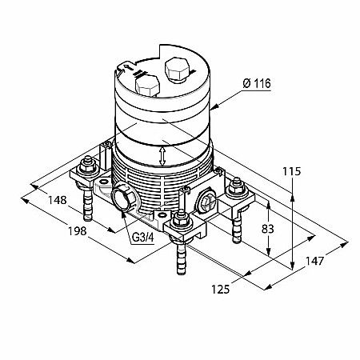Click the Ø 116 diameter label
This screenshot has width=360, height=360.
(x=257, y=84)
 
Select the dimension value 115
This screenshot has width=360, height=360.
(x=292, y=171)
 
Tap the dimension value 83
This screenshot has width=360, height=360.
(x=268, y=229)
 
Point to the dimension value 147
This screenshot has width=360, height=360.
(x=314, y=261)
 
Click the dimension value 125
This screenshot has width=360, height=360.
(x=221, y=289)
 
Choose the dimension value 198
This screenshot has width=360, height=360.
(x=78, y=231)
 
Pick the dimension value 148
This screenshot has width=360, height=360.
(x=57, y=200)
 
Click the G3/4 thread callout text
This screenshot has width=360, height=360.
(x=143, y=238)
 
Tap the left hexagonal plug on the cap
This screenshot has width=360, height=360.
(x=147, y=85)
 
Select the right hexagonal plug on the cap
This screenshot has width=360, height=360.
(x=177, y=70)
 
